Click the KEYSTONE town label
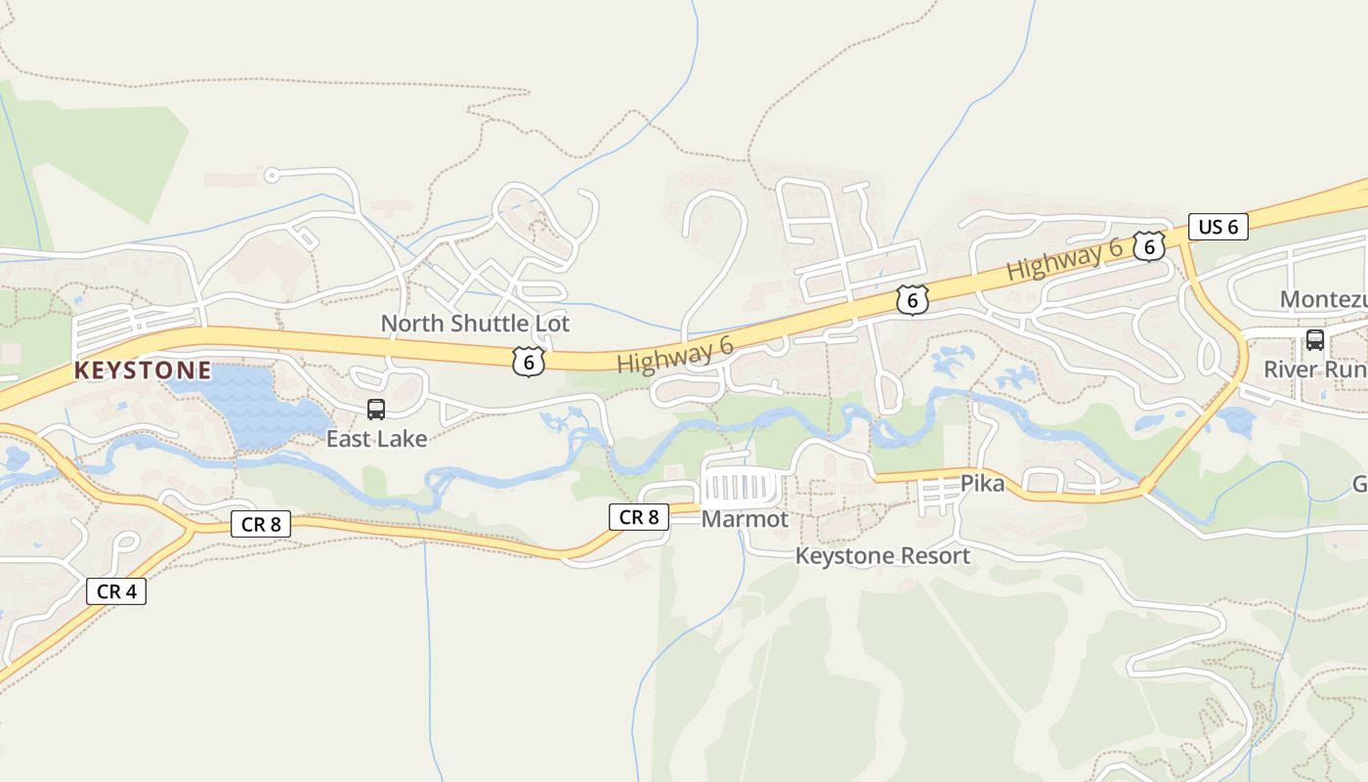[143, 370]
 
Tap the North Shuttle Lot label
[475, 324]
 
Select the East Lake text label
[376, 439]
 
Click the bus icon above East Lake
[376, 410]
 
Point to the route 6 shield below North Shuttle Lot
[528, 363]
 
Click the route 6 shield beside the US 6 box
[1149, 246]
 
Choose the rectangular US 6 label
[1218, 227]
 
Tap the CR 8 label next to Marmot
[639, 517]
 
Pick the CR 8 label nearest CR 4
[261, 524]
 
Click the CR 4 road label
[116, 591]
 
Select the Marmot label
[745, 519]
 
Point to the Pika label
[982, 483]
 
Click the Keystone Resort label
[882, 556]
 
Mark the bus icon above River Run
[1315, 340]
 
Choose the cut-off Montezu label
[1323, 299]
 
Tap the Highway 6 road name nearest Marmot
[674, 356]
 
